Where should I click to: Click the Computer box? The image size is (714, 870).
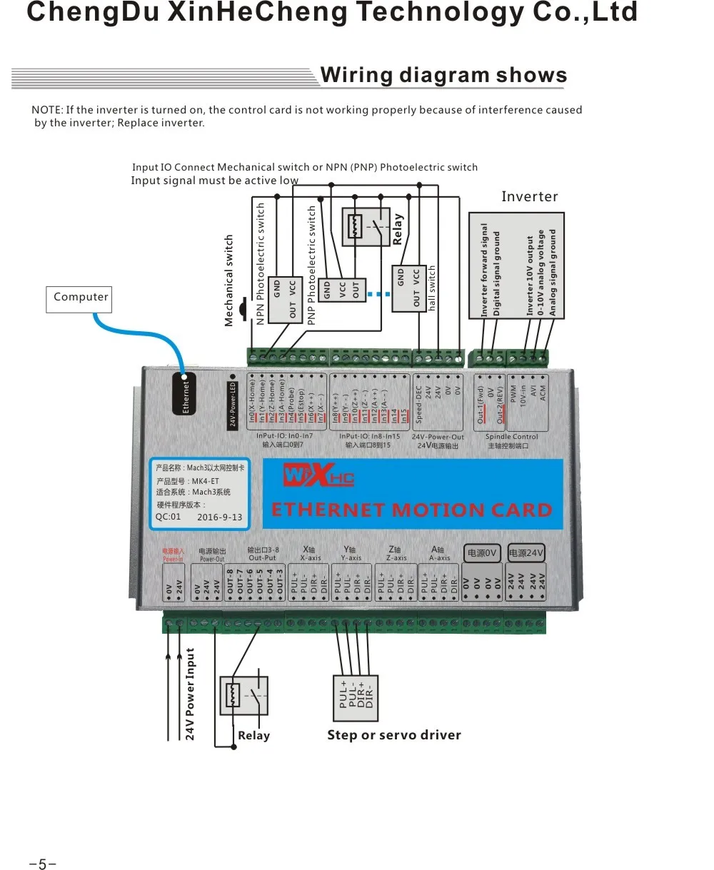[81, 298]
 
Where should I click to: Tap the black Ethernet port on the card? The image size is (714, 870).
[186, 393]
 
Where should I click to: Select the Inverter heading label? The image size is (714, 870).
[529, 197]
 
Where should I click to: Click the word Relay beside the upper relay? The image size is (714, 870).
[398, 229]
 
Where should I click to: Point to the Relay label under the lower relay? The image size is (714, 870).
[253, 736]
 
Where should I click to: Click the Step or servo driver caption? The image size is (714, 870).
[394, 735]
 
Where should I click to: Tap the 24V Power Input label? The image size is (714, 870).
[191, 694]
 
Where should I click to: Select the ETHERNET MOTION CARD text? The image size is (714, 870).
[412, 510]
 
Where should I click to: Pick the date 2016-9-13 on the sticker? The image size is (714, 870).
[219, 517]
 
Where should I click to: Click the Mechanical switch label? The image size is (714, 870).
[229, 280]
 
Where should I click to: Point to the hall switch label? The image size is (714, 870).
[432, 288]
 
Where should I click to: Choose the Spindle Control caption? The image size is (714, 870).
[511, 437]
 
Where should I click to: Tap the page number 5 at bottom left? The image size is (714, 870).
[42, 864]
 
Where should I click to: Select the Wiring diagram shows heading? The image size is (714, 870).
[443, 76]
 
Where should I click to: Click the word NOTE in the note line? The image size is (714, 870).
[46, 110]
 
